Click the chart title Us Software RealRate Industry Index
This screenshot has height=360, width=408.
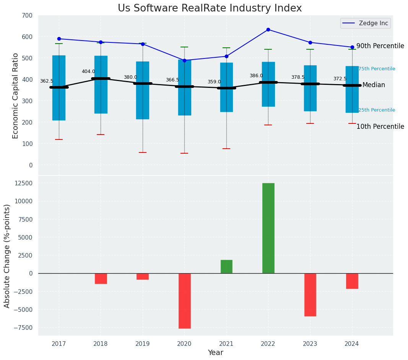tap(210, 8)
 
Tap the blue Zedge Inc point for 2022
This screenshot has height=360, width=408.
tap(268, 29)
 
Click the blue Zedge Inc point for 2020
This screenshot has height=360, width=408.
tap(184, 60)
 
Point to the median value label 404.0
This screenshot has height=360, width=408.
tap(88, 71)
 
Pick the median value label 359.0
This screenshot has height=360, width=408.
tap(214, 82)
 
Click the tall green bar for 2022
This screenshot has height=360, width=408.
tap(268, 228)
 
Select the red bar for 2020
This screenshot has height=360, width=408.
tap(184, 301)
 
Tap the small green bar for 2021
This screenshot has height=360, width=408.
tap(226, 267)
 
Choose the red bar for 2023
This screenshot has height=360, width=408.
tap(310, 295)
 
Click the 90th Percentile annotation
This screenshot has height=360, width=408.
tap(380, 46)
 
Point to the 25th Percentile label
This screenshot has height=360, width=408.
tap(377, 110)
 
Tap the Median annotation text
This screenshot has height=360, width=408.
tap(374, 85)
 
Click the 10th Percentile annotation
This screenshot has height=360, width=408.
tap(380, 126)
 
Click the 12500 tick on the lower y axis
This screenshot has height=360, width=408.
tap(23, 183)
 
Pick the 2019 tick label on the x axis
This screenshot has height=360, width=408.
tap(143, 344)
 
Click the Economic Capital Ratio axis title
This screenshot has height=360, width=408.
tap(16, 96)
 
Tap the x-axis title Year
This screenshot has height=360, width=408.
tap(215, 353)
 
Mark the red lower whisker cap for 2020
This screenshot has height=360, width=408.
tap(184, 153)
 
